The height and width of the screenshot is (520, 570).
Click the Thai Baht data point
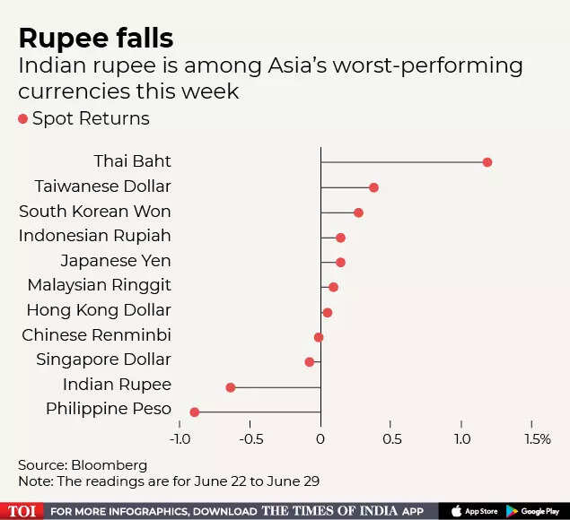click(487, 162)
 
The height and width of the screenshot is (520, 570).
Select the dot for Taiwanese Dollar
click(373, 187)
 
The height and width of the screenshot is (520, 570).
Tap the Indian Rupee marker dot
click(231, 387)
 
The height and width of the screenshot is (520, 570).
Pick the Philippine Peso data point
click(195, 412)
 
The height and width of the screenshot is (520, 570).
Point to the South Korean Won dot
click(358, 212)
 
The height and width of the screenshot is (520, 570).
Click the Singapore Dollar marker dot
click(310, 362)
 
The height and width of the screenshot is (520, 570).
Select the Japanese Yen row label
click(116, 261)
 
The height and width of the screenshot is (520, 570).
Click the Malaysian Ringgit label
click(99, 286)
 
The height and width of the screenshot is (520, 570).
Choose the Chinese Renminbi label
click(96, 335)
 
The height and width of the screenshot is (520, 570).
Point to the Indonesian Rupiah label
click(94, 236)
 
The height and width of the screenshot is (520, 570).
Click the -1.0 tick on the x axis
click(180, 438)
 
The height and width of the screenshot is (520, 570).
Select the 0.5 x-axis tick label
click(391, 438)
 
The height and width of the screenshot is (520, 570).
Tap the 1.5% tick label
click(537, 438)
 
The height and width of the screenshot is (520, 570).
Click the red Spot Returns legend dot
click(23, 119)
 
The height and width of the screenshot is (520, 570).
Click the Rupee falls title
click(96, 38)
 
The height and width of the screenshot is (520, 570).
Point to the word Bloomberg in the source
click(110, 465)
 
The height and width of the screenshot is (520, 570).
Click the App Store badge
click(475, 511)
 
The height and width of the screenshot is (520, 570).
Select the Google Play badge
click(538, 511)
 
